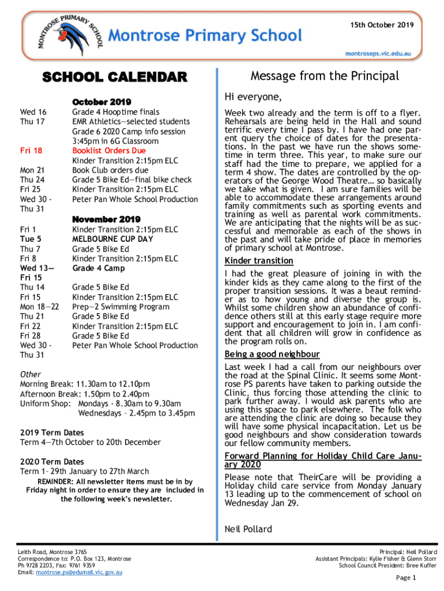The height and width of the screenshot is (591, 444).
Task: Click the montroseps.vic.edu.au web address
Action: click(378, 53)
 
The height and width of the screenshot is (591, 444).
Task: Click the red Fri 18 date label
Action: click(31, 151)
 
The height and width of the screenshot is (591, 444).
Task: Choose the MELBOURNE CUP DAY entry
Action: click(112, 239)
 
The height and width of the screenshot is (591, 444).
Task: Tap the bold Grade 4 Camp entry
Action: click(97, 268)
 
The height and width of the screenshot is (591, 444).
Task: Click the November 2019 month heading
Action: click(106, 219)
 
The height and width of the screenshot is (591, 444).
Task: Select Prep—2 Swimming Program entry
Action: click(121, 306)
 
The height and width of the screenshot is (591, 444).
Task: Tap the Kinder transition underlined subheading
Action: click(254, 260)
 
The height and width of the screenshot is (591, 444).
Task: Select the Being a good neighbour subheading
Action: click(272, 354)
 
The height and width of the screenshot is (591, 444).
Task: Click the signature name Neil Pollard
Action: click(248, 529)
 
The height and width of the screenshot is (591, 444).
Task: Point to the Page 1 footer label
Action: click(406, 578)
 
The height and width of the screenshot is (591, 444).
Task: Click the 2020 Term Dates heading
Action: click(52, 462)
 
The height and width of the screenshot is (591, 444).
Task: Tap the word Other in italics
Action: click(30, 374)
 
